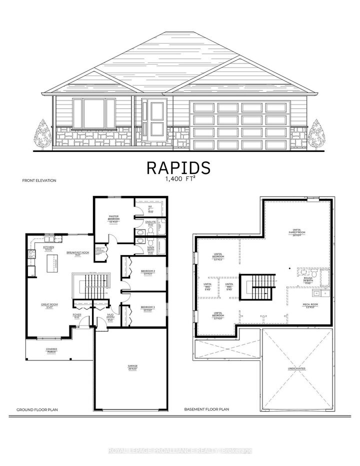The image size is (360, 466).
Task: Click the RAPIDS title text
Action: point(179,167)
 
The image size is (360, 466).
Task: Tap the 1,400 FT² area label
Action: point(179,178)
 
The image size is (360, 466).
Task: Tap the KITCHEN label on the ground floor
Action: point(48,248)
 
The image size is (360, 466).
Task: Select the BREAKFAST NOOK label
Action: point(77,253)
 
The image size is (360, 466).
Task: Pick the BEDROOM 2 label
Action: point(148,272)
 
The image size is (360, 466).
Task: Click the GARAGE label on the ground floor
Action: point(132,367)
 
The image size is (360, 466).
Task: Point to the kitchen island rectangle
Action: point(52,263)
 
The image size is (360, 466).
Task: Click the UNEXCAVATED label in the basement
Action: point(296,368)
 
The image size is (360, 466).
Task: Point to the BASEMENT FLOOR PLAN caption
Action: point(206,409)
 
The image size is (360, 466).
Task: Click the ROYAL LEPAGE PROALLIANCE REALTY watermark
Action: point(180,451)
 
